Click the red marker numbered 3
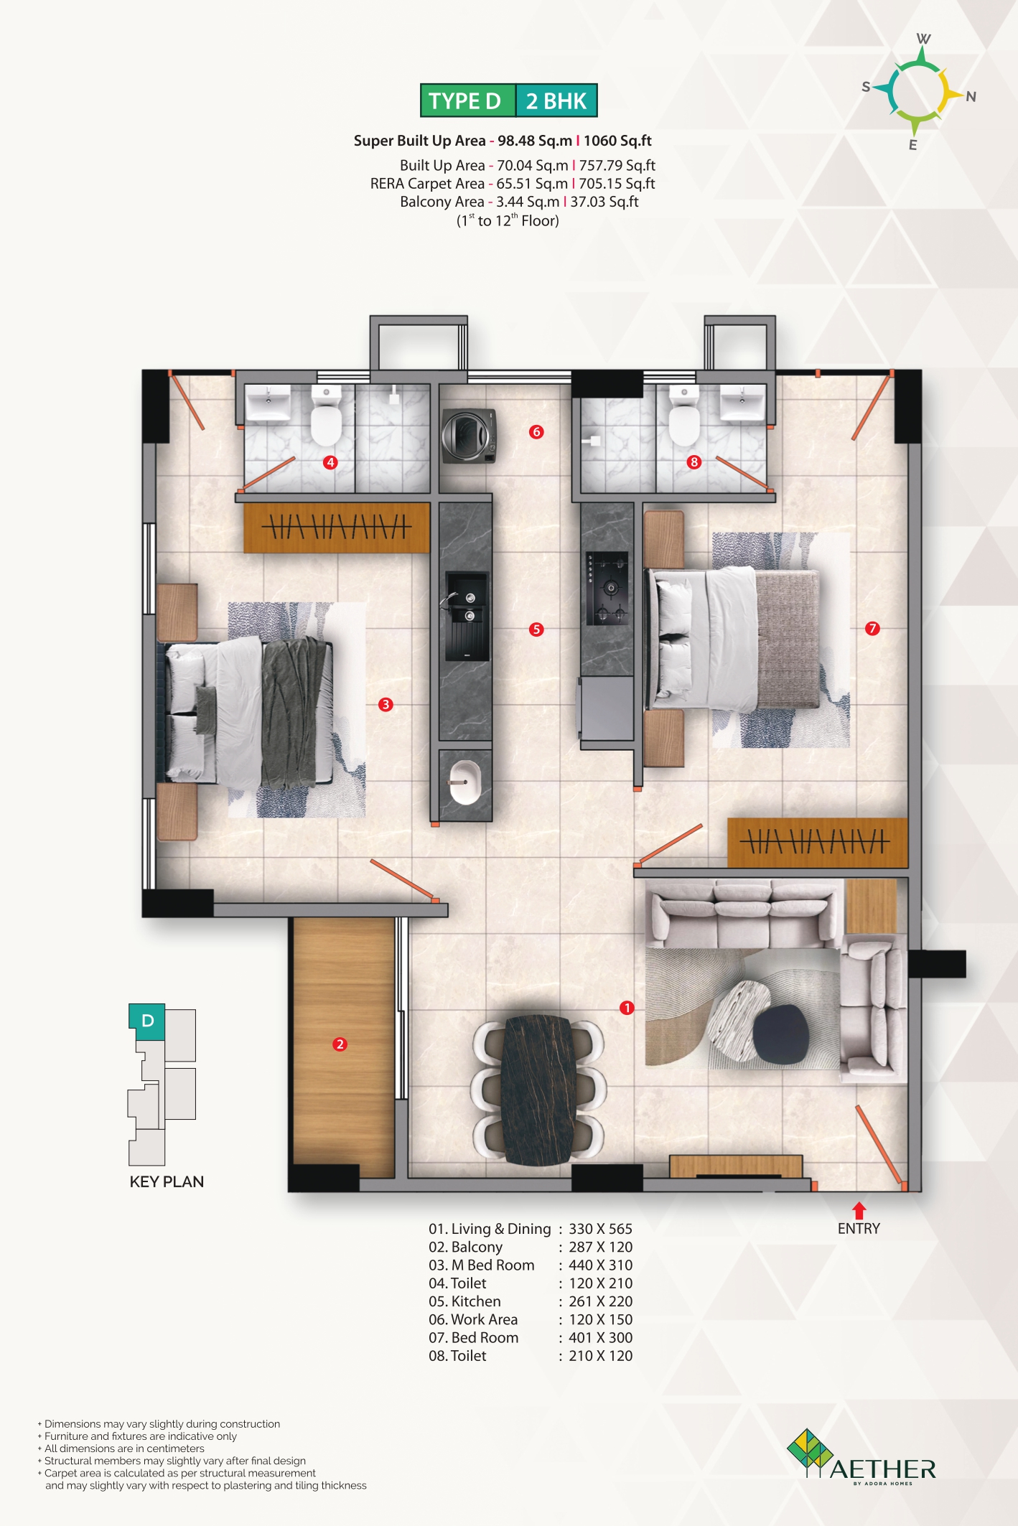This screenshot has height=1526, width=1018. coord(386,705)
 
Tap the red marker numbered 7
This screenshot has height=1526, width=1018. coord(872,629)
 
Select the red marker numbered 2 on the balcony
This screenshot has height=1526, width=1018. coord(340,1044)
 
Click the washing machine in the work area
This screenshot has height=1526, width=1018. coord(469,436)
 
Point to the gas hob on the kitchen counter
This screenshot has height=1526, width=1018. coord(607,589)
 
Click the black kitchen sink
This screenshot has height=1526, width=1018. coord(467,616)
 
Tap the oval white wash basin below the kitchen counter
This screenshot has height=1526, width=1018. coord(464,783)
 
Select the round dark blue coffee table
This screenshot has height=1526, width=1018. coord(780,1034)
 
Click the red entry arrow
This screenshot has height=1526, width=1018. coord(859,1210)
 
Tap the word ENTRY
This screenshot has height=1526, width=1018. coord(859,1229)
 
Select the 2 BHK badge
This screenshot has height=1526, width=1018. coord(556,100)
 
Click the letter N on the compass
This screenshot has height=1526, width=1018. coord(971,97)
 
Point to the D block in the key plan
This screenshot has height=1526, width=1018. coord(147,1021)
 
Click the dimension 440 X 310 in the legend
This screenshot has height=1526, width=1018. coord(601,1265)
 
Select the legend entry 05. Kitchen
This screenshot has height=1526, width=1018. coord(464,1301)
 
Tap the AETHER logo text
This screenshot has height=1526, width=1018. coord(883,1469)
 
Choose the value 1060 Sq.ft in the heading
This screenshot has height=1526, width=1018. coord(617,141)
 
